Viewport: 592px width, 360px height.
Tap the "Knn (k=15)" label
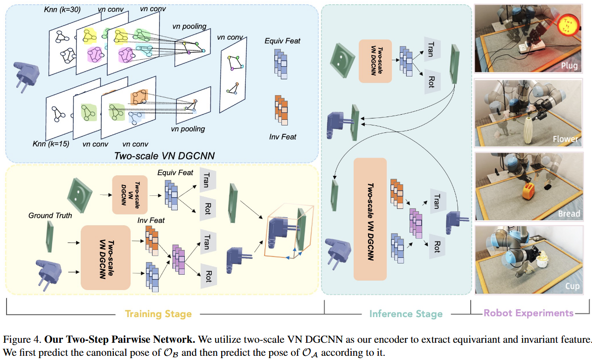point(51,144)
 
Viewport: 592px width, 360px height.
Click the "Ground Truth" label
point(50,215)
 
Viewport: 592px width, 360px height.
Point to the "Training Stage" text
point(159,314)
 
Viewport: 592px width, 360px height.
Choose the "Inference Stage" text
point(406,314)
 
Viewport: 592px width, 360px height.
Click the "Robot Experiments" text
point(529,313)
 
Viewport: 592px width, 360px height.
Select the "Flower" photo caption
point(565,139)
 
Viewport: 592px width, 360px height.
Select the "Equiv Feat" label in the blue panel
point(282,41)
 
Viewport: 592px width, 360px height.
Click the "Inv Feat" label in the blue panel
point(282,137)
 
